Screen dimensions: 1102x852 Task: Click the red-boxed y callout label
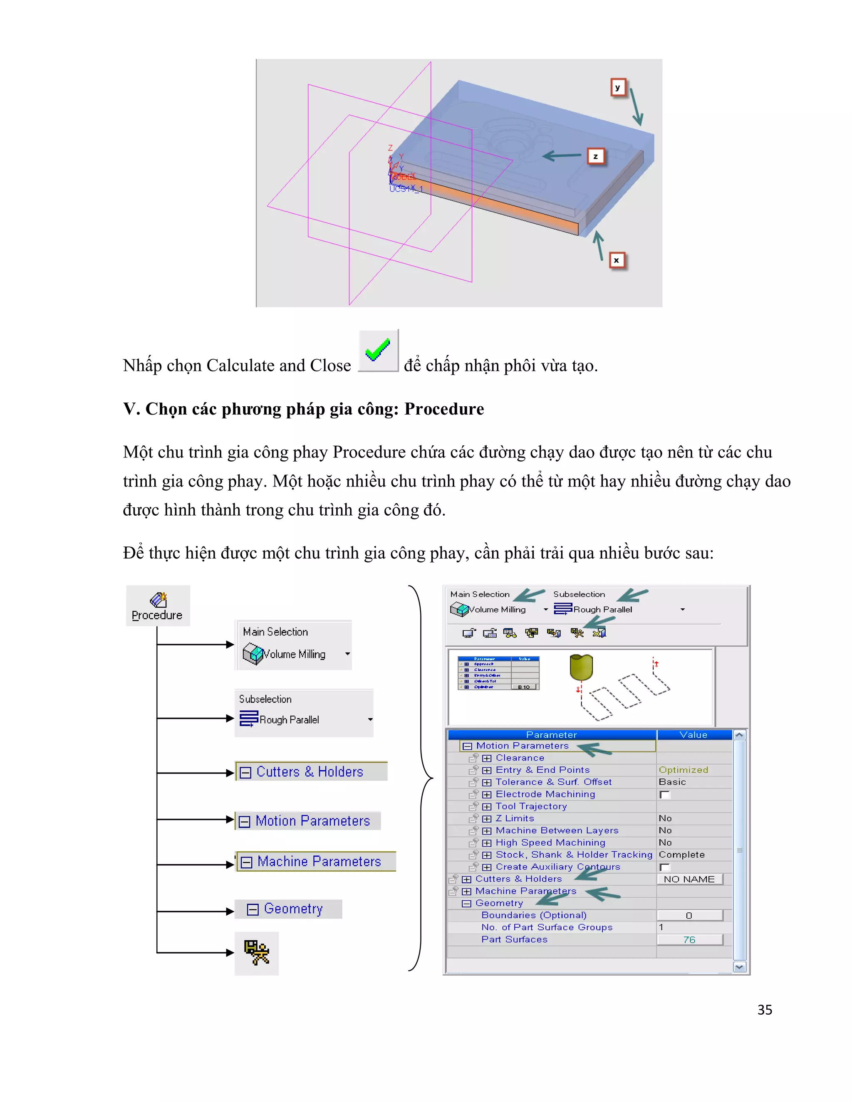[x=618, y=87]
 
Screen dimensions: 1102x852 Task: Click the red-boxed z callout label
[x=596, y=156]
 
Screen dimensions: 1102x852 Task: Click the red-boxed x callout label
[x=616, y=260]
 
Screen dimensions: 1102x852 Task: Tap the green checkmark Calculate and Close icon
[x=378, y=350]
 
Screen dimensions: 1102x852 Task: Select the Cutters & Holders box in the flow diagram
[x=311, y=771]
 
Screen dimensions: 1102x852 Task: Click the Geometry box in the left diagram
[x=288, y=909]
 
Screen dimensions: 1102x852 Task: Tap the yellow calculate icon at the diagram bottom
[x=256, y=953]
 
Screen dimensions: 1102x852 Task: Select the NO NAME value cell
[x=689, y=879]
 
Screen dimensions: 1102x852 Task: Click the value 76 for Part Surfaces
[x=689, y=939]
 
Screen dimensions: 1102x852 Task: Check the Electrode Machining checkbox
[x=665, y=795]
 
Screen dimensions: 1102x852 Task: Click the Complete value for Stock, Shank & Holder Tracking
[x=681, y=855]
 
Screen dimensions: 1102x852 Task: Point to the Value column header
[x=693, y=735]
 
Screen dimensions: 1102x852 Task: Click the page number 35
[x=764, y=1010]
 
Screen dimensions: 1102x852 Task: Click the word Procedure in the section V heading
[x=443, y=409]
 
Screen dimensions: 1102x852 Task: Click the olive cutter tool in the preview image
[x=581, y=667]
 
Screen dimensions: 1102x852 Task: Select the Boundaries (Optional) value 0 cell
[x=689, y=915]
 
